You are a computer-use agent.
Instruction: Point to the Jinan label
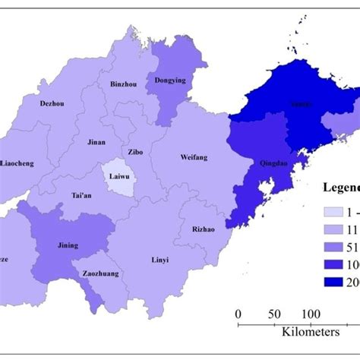point(97,142)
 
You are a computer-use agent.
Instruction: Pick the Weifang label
point(194,157)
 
